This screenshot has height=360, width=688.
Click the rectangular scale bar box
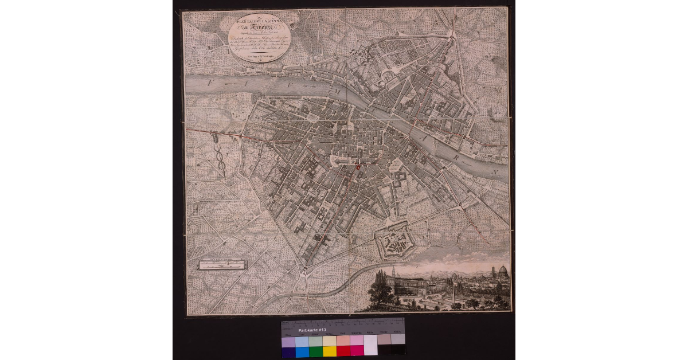(x=222, y=264)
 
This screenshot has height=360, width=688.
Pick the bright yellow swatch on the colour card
(x=329, y=351)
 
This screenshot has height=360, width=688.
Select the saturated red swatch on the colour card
(x=343, y=351)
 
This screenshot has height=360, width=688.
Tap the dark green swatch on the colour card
(x=315, y=351)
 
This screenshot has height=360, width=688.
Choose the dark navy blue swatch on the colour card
(x=288, y=351)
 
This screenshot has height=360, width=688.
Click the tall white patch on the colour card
(x=370, y=345)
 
